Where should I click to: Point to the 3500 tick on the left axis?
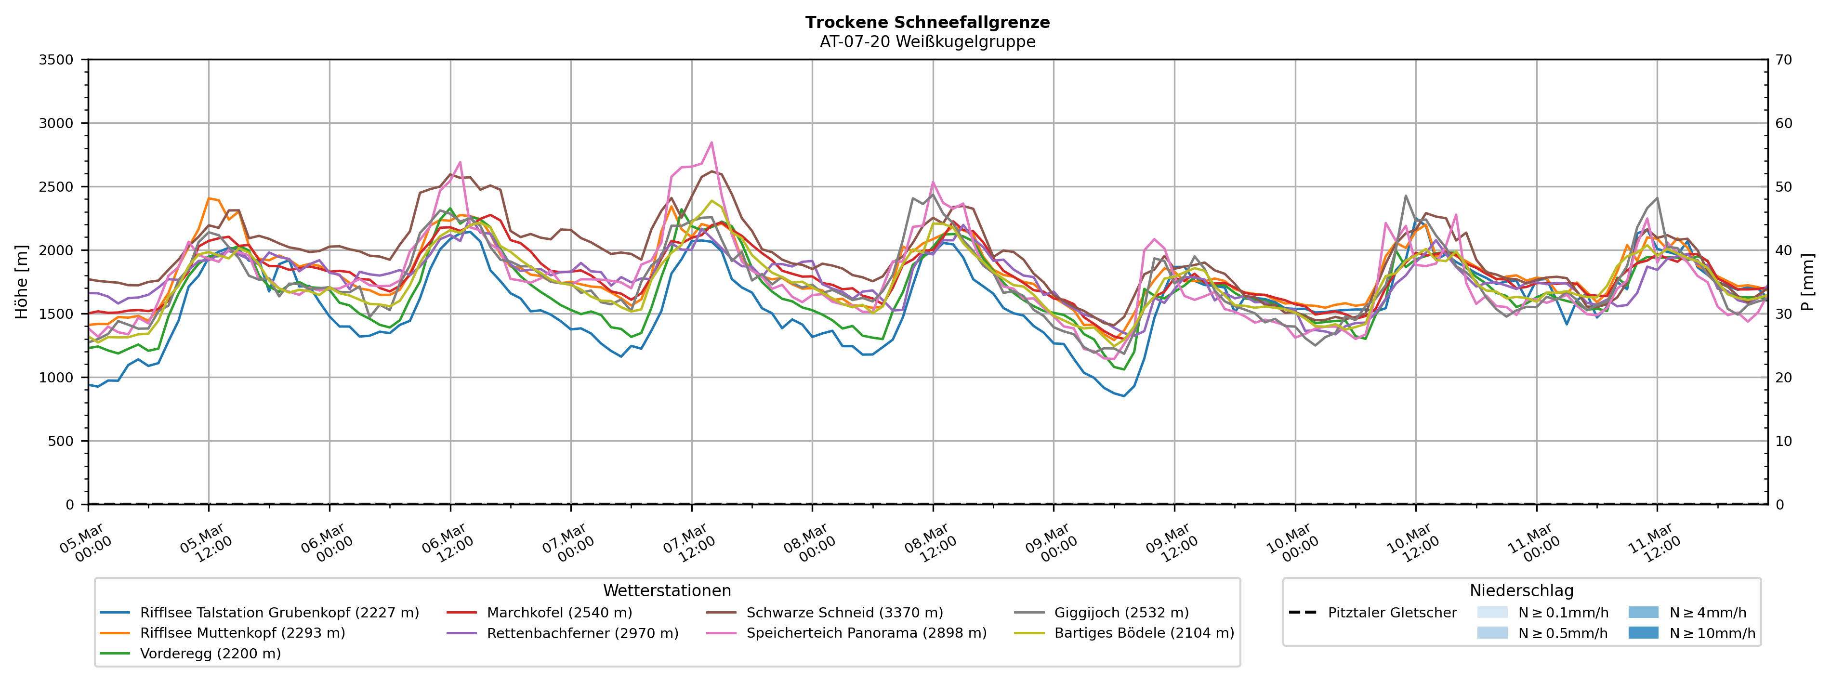[x=56, y=60]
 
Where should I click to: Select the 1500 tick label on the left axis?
[x=56, y=314]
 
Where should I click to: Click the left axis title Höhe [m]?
[x=21, y=282]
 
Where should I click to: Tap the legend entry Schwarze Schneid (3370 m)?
[x=844, y=613]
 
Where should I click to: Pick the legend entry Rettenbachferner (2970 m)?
[x=582, y=633]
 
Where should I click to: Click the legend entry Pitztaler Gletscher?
[x=1392, y=613]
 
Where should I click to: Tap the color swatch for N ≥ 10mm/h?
[x=1643, y=633]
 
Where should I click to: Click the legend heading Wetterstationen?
[x=667, y=591]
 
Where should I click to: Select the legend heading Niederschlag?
[x=1521, y=591]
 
